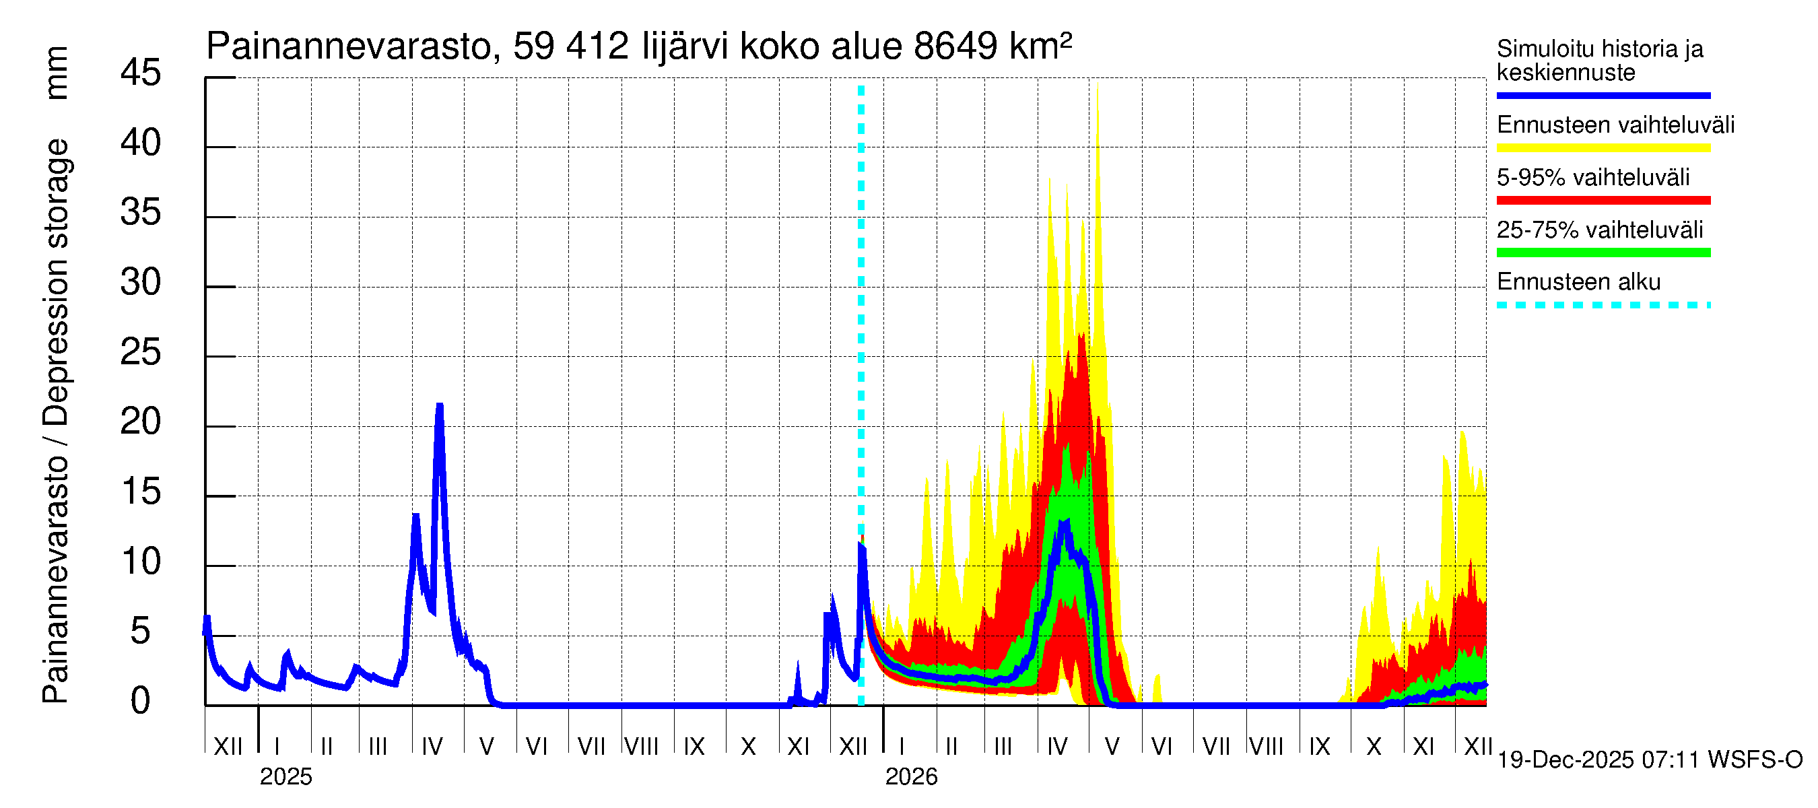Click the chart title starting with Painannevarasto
[639, 46]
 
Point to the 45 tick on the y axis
[141, 73]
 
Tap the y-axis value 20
[141, 423]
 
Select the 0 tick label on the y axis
[141, 702]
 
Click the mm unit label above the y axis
[57, 73]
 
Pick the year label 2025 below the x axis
[285, 777]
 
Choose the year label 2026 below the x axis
[911, 777]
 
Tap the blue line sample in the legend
[1603, 95]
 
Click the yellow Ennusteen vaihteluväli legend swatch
[1603, 148]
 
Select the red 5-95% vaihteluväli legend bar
[1603, 201]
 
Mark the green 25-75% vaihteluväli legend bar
[1603, 252]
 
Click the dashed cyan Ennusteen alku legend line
[1603, 306]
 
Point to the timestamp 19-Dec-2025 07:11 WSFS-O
[1649, 760]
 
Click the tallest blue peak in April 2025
[440, 406]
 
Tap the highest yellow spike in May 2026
[1098, 86]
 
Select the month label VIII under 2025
[641, 747]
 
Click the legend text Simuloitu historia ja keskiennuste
[1600, 61]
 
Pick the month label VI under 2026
[1161, 747]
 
